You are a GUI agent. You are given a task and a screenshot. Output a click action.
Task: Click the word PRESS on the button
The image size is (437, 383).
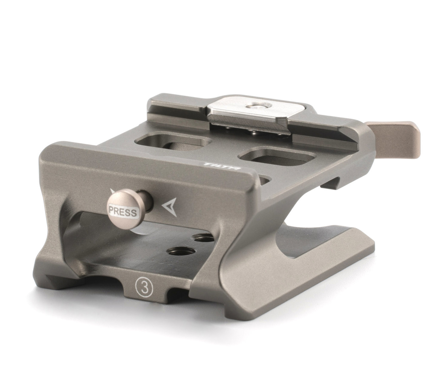pyautogui.click(x=122, y=212)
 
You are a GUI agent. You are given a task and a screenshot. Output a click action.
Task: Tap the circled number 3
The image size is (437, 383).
pyautogui.click(x=144, y=289)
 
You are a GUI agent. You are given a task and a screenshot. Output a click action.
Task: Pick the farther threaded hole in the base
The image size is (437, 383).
pyautogui.click(x=203, y=237)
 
